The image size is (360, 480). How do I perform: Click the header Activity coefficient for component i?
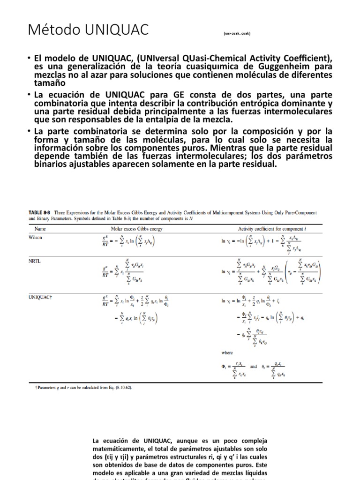click(266, 228)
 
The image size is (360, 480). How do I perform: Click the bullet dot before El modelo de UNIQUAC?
click(29, 58)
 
